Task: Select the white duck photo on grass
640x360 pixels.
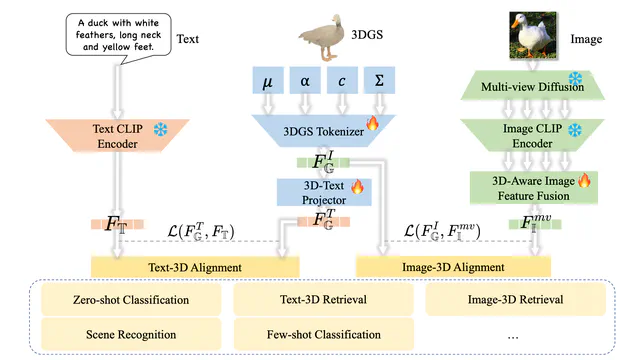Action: (534, 37)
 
